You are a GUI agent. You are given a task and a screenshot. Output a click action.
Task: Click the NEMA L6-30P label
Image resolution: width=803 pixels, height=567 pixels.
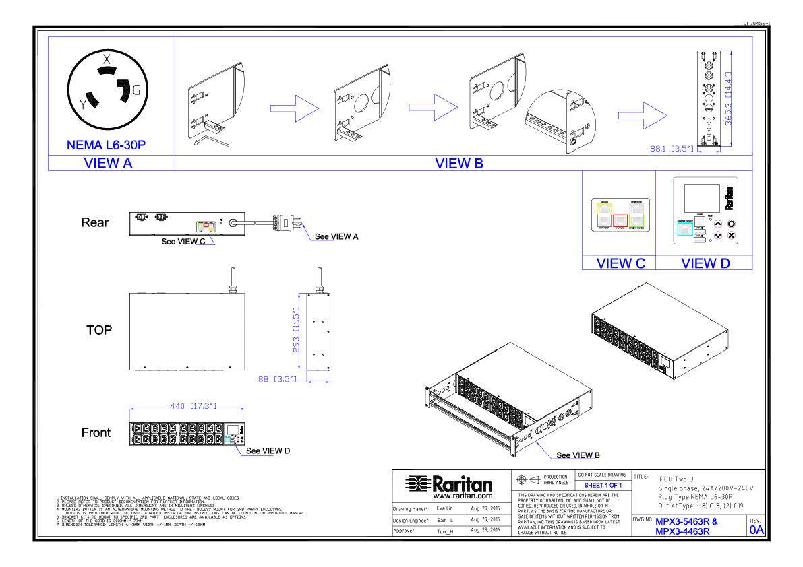coord(106,145)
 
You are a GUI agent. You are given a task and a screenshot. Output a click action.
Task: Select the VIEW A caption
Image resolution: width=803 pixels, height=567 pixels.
coord(108,163)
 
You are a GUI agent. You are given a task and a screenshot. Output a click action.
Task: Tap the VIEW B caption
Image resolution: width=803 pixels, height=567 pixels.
coord(459,163)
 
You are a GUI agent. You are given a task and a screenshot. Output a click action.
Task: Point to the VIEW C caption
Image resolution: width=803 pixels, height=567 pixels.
coord(620,263)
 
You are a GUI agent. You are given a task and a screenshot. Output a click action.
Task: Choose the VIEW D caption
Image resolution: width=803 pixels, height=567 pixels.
coord(705,263)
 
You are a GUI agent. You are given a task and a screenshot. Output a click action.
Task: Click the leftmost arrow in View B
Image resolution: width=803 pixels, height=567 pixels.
coord(295,108)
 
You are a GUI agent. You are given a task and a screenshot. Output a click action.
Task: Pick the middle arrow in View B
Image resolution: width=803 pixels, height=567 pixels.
coord(434,107)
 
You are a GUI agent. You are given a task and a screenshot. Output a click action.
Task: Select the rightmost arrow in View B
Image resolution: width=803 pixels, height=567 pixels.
coord(643,116)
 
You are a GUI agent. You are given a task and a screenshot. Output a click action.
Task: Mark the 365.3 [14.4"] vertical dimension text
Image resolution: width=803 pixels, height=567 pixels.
coord(728,98)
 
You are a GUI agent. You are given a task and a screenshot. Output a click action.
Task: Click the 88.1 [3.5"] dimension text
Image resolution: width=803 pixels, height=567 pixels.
coord(672,149)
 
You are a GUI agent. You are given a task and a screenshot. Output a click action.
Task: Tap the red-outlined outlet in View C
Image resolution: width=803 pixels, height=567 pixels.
coord(620,221)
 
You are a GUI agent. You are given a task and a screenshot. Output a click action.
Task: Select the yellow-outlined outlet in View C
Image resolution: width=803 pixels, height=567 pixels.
coord(604,209)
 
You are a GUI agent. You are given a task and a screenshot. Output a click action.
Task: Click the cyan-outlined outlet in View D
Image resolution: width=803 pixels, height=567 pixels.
coord(685,229)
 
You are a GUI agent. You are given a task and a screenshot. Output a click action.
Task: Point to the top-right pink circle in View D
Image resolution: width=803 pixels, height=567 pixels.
coord(732,224)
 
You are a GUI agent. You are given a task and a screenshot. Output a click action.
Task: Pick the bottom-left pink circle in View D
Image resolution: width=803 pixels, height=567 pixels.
coord(718,235)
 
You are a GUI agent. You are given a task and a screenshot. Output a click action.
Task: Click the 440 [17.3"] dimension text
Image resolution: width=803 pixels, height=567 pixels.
coord(193,406)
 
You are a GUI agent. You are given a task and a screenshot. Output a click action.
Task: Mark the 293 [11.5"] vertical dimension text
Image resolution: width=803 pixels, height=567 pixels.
coord(296,330)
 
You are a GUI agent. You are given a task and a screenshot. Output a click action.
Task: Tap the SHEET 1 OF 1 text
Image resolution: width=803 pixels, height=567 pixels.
coord(603,485)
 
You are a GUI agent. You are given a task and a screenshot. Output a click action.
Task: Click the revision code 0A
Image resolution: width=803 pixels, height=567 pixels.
coord(756,530)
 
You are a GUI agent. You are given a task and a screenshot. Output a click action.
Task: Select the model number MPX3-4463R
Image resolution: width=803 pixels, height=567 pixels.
coord(682,531)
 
